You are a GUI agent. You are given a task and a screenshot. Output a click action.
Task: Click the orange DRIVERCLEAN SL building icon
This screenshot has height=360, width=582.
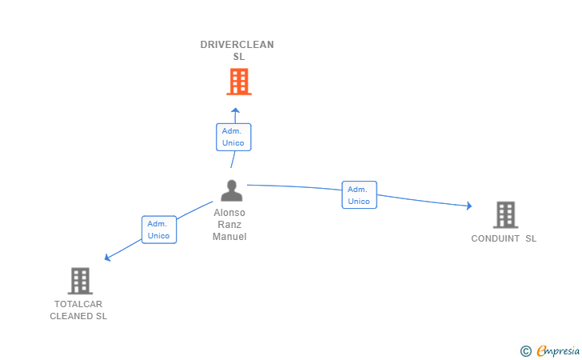(238, 82)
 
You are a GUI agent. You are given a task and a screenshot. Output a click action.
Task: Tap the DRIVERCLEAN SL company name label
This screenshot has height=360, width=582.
(237, 50)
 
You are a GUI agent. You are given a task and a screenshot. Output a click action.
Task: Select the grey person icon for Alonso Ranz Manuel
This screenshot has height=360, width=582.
(231, 190)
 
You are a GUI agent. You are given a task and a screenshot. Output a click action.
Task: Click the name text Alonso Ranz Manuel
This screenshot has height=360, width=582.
(229, 225)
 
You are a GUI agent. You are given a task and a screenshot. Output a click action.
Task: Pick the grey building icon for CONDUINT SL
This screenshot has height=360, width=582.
(505, 214)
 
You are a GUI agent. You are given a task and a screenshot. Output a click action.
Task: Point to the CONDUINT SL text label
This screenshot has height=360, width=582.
(504, 238)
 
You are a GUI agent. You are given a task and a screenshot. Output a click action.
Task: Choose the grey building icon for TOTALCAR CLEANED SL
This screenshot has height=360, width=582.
(80, 281)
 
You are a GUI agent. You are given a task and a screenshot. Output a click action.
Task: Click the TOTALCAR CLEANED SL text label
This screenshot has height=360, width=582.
(78, 310)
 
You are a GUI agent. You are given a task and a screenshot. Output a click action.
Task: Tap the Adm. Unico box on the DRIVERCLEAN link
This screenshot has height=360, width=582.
(233, 137)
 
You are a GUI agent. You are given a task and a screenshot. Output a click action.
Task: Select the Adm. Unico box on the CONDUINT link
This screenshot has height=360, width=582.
(359, 195)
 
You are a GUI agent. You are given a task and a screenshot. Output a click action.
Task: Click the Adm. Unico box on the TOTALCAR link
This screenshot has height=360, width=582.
(158, 230)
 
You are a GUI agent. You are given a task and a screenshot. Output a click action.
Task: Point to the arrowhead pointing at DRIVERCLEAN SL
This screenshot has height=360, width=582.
(235, 110)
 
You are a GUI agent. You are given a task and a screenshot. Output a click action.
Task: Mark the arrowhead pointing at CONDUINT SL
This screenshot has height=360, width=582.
(468, 206)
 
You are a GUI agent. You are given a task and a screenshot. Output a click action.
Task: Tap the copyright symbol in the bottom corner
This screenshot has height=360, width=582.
(525, 350)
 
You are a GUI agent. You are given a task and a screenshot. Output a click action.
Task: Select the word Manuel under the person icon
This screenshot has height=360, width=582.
(229, 237)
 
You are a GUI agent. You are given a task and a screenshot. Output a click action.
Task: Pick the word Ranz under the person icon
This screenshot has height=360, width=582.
(229, 225)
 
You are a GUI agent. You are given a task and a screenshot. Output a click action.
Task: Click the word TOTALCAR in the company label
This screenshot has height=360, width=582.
(78, 304)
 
